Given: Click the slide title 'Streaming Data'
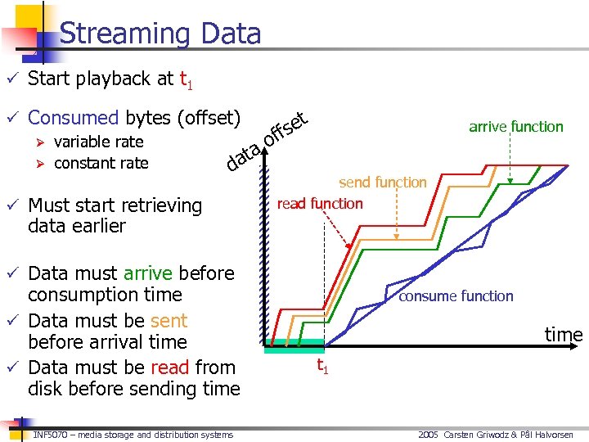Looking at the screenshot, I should coord(160,34).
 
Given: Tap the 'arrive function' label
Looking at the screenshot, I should coord(515,126).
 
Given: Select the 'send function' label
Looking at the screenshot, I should coord(383,182).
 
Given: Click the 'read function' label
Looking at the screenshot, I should coord(320,203).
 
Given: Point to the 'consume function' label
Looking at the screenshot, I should coord(456,295).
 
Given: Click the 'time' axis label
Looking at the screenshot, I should coord(564,334).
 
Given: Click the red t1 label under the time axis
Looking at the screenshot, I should coord(323,366).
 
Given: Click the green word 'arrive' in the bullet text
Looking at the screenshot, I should coord(147,273).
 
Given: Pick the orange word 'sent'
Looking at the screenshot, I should coord(168,320).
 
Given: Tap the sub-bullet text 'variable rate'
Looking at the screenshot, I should coord(98,142).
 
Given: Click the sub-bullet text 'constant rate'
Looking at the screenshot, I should coord(101,163).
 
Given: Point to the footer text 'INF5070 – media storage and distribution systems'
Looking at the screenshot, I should coord(133,435).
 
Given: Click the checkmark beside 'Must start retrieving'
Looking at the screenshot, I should coord(11,205).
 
